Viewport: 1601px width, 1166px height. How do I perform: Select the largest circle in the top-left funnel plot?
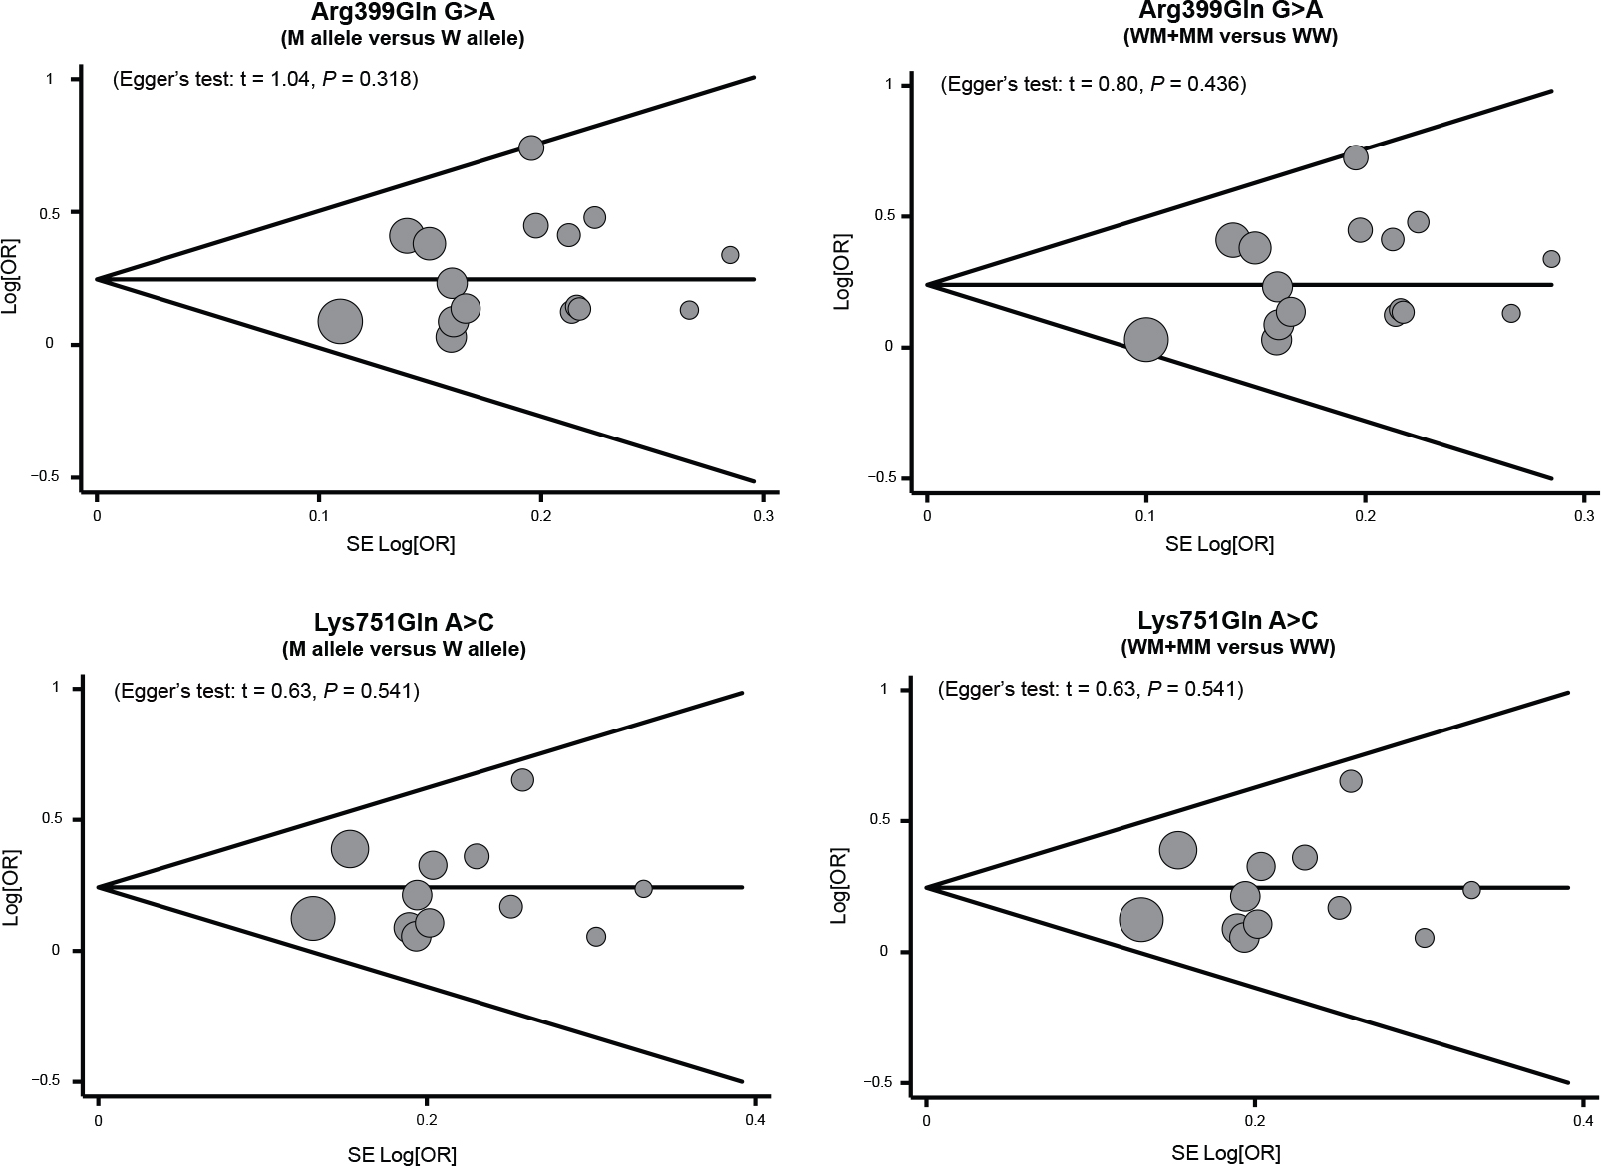tap(340, 321)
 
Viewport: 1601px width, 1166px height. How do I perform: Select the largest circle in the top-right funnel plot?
tap(1146, 339)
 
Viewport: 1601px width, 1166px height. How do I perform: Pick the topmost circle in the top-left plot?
tap(531, 147)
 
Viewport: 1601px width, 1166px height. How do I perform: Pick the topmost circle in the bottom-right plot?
tap(1351, 781)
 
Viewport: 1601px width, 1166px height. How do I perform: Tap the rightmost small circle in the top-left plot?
tap(730, 255)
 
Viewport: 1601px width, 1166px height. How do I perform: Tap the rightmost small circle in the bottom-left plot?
tap(643, 888)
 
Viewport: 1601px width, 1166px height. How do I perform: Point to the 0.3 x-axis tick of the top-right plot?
tap(1584, 515)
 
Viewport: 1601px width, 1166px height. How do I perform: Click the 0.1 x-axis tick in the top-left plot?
tap(319, 515)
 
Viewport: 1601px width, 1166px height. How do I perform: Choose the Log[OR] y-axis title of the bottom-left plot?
tap(12, 887)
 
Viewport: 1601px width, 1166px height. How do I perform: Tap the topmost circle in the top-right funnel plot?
tap(1356, 157)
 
